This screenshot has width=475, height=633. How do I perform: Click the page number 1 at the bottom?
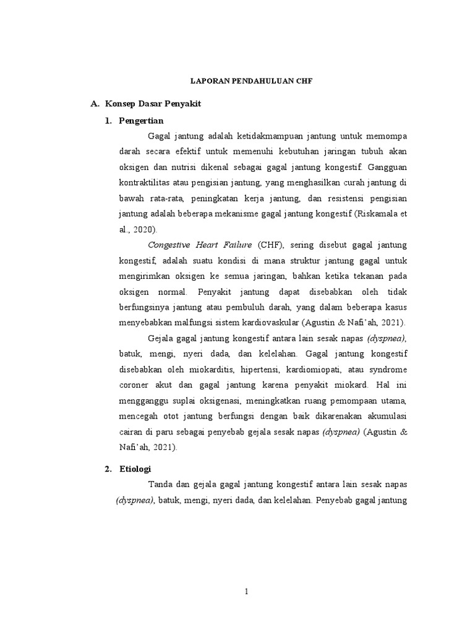click(x=246, y=592)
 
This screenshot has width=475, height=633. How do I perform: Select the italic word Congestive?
click(x=171, y=245)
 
